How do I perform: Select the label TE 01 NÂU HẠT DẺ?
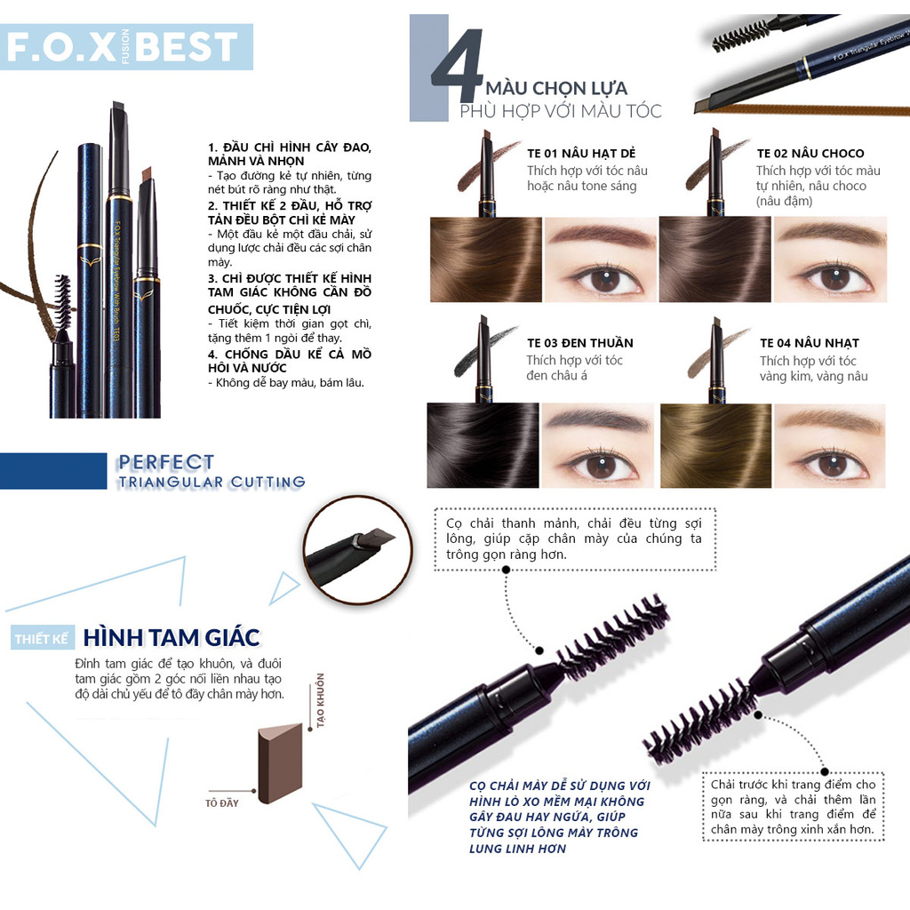[x=581, y=153]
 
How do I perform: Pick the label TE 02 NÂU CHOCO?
[x=810, y=153]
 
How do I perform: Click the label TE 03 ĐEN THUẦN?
[x=579, y=343]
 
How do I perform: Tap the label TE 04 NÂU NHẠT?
[x=809, y=343]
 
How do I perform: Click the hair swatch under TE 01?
[x=484, y=259]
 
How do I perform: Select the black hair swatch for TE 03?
[x=483, y=445]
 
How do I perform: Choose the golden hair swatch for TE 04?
[x=714, y=445]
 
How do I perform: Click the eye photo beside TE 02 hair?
[x=830, y=259]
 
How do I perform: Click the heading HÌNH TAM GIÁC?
[x=172, y=637]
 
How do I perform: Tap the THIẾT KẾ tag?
[x=42, y=639]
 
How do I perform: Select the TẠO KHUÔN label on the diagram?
[x=320, y=701]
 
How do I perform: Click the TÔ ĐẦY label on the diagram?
[x=221, y=803]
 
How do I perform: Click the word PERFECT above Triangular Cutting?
[x=165, y=463]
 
